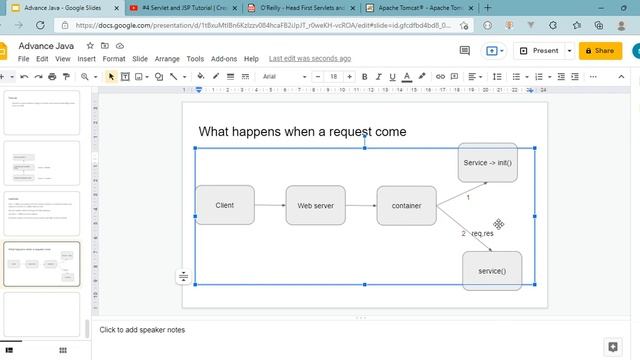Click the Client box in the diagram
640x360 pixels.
[x=224, y=205]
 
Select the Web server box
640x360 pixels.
[x=315, y=205]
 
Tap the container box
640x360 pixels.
[x=406, y=205]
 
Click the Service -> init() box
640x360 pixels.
[x=487, y=162]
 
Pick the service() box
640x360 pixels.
[x=491, y=271]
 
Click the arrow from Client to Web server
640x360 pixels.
[x=269, y=205]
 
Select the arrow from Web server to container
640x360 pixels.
[x=361, y=205]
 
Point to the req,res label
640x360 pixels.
[x=482, y=233]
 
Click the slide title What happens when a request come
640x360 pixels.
[x=302, y=131]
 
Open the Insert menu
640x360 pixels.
[x=87, y=59]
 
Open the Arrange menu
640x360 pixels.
[x=167, y=59]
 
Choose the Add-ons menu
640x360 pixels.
[x=224, y=59]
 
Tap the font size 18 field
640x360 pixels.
[x=333, y=76]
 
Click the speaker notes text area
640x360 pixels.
[x=300, y=330]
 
